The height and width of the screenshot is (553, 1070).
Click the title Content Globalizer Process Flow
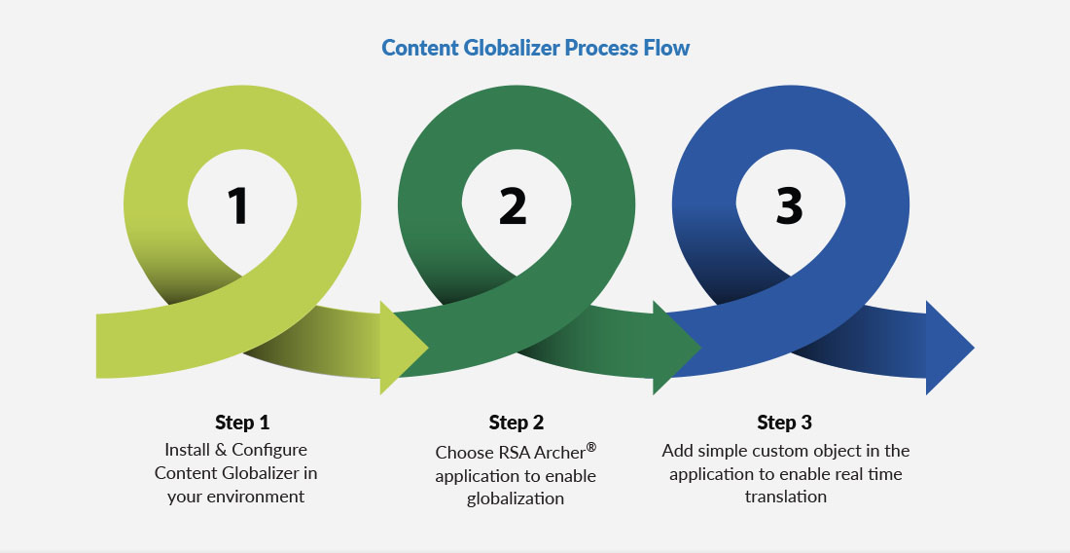point(535,48)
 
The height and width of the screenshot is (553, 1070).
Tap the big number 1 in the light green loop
point(238,206)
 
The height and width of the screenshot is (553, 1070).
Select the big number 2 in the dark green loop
point(513,206)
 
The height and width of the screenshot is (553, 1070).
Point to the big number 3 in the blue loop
point(789,206)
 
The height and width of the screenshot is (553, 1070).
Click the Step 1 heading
point(242,423)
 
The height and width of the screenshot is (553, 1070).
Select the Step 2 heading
point(516,423)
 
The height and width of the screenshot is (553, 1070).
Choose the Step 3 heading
point(784,423)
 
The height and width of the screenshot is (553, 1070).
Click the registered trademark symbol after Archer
point(590,447)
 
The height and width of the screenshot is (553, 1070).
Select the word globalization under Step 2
point(516,498)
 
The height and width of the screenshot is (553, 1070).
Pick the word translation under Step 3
point(786,497)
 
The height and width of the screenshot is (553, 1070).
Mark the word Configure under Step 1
point(269,450)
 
